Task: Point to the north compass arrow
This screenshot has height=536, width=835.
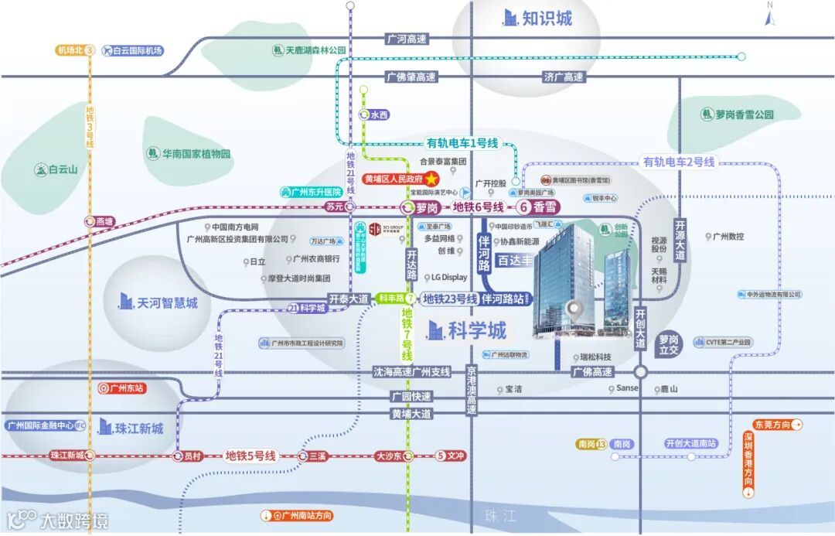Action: [x=769, y=16]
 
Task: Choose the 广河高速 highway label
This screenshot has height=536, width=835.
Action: [x=406, y=38]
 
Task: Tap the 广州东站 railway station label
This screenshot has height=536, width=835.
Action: [x=123, y=388]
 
